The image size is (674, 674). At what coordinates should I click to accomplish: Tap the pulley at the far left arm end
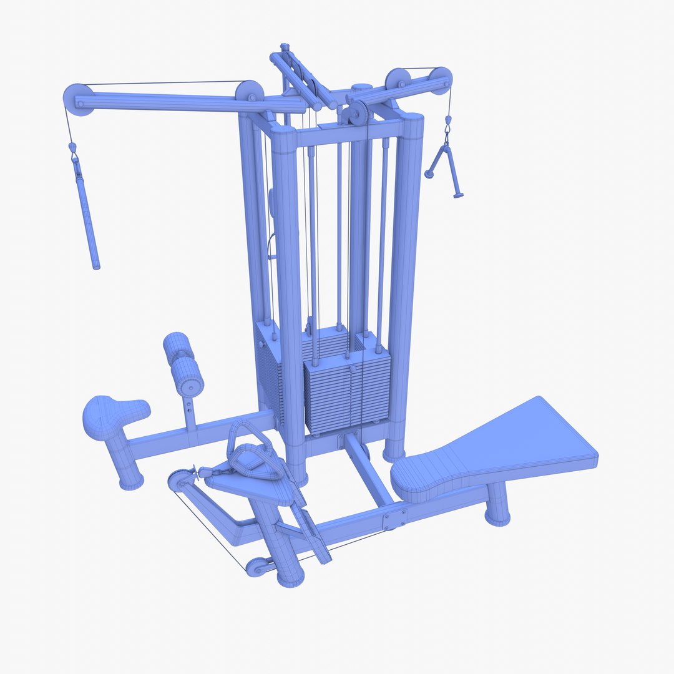(77, 99)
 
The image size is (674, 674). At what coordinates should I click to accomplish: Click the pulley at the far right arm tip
(440, 80)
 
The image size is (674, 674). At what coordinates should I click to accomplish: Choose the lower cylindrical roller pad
(188, 376)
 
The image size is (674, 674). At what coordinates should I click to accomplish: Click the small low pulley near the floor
(256, 567)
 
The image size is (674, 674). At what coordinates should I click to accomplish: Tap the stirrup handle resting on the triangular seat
(253, 453)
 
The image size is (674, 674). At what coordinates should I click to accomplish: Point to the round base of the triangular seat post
(290, 574)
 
